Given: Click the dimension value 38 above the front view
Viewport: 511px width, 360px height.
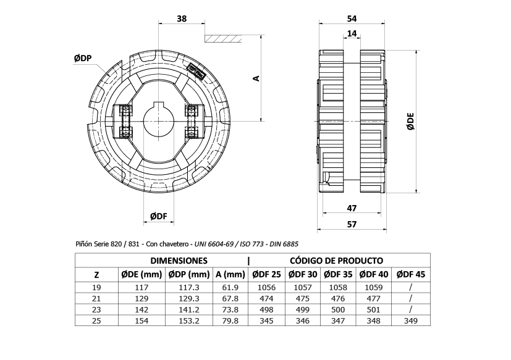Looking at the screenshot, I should [181, 19].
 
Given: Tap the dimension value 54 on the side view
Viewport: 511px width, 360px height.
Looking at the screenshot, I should [352, 19].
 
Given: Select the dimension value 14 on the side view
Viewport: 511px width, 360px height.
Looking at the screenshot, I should [352, 34].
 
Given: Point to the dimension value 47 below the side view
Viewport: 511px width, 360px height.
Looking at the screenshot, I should [352, 209].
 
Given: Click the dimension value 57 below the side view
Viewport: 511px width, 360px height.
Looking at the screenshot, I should [352, 224].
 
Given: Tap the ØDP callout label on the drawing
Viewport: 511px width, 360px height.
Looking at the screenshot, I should [83, 58].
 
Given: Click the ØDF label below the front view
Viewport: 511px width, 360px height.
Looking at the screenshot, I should [159, 216].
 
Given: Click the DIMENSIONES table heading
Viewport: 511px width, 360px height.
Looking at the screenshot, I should [179, 261].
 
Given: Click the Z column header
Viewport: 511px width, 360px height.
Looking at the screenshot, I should [96, 275].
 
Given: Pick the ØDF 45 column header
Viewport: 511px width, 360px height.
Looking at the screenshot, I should [411, 275].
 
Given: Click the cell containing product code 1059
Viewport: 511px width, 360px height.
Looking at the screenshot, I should [374, 287].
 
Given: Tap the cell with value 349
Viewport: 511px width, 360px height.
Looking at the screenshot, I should [411, 320].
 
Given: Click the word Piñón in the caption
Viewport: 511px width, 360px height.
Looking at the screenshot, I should [85, 245].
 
